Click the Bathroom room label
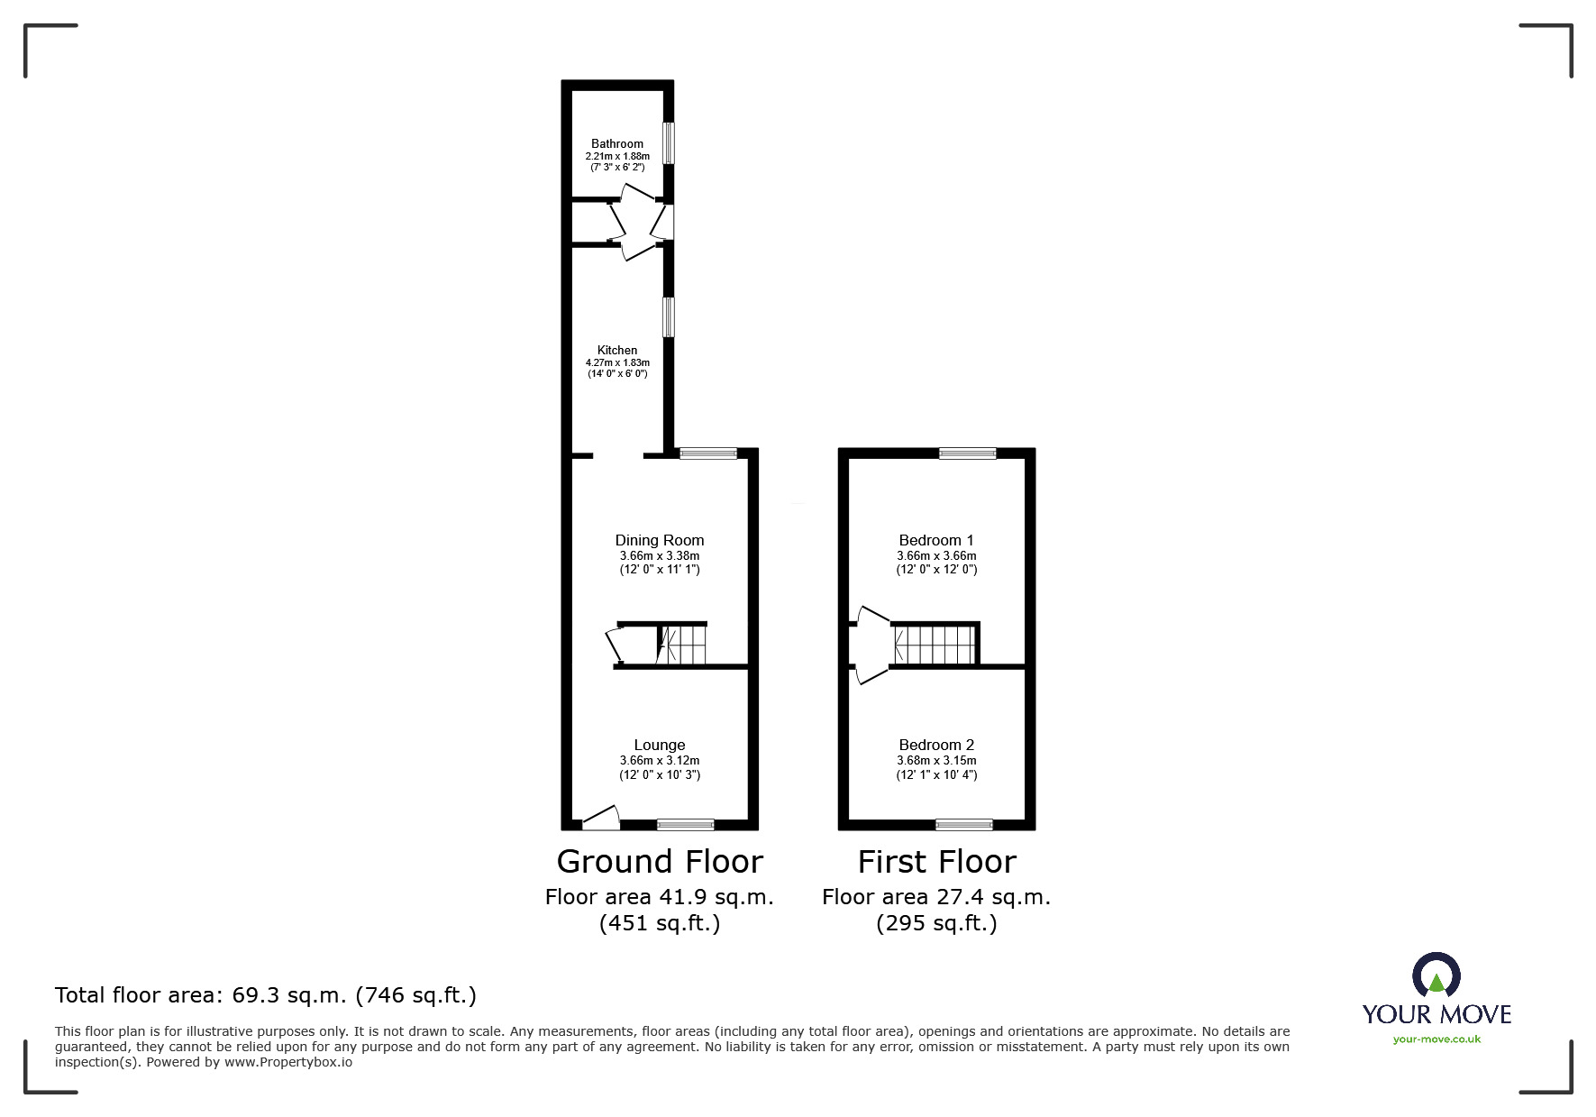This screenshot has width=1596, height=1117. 617,143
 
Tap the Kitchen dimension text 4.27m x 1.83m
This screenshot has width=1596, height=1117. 617,362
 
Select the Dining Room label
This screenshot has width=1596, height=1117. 660,540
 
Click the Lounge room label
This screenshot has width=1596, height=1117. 660,745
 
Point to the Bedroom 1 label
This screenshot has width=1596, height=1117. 936,540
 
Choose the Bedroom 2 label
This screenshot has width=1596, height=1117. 936,745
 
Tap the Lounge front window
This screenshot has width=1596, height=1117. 685,824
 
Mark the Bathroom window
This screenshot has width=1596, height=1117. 668,143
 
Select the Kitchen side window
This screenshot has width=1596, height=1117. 668,317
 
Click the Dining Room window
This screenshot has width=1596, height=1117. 707,453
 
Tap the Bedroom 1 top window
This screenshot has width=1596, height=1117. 967,453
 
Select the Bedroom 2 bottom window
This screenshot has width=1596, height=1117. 963,824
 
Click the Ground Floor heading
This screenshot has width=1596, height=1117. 660,862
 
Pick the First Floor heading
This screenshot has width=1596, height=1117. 936,862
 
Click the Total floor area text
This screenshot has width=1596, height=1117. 266,995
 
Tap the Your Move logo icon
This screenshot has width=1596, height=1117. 1436,975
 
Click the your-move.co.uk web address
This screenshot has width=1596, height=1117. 1436,1039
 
